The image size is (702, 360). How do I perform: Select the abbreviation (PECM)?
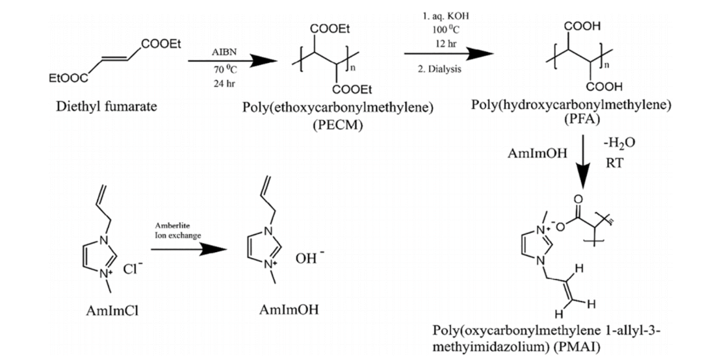coord(337,124)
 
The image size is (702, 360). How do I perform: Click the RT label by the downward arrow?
coord(615,162)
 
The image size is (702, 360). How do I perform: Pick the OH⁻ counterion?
coord(308,258)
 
